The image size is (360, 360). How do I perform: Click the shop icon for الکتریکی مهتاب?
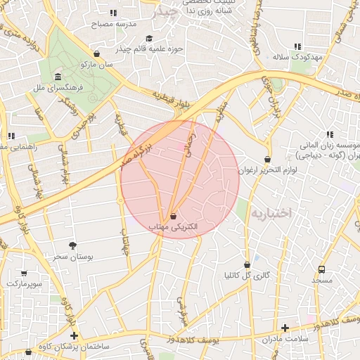click(173, 216)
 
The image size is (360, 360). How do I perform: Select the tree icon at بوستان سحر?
click(72, 245)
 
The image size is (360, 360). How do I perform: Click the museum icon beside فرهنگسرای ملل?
click(57, 77)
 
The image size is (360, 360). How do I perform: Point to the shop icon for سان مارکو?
click(96, 53)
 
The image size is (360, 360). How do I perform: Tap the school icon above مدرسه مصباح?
click(112, 13)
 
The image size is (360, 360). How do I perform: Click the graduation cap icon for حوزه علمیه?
click(148, 39)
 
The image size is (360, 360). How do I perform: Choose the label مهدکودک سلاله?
click(298, 56)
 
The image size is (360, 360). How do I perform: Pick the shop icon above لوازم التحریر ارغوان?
click(267, 160)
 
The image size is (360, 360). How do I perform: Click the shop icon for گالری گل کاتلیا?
click(247, 264)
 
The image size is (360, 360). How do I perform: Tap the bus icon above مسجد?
click(321, 269)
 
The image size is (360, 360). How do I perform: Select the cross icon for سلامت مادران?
click(285, 328)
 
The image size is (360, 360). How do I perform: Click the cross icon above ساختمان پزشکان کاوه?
click(75, 335)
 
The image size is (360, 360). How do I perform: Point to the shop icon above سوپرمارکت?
click(25, 273)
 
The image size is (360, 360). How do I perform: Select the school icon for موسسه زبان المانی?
click(329, 134)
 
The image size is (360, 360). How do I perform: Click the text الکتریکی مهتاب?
click(173, 227)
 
